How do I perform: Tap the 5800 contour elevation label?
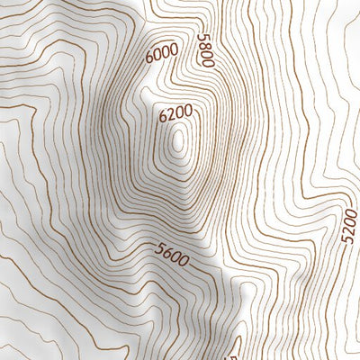coord(205,50)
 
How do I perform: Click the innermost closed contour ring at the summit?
coord(180,141)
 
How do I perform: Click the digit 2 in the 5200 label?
coord(349,231)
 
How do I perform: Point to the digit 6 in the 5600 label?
coord(166,253)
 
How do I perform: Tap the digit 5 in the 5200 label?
coord(349,239)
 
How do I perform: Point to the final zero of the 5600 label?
coord(184,261)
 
